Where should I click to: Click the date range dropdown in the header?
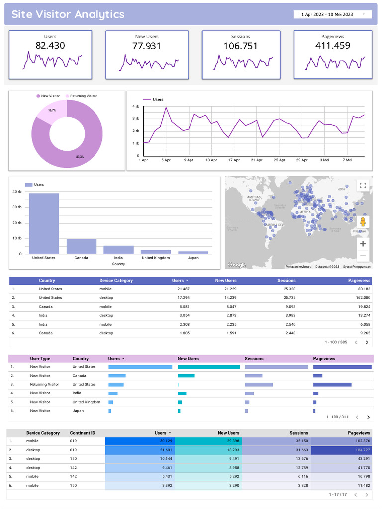(332, 15)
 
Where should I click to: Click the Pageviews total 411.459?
(332, 46)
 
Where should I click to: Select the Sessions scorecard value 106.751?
(240, 46)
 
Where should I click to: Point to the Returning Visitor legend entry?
(81, 96)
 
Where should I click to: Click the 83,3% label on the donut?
(80, 157)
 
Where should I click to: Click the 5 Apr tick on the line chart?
(166, 160)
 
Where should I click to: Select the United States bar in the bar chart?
(44, 223)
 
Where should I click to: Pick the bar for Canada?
(81, 246)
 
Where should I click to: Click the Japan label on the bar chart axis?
(193, 258)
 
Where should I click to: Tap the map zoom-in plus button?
(363, 244)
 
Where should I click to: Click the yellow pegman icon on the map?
(363, 222)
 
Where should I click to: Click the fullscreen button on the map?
(363, 186)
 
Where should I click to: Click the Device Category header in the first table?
(116, 281)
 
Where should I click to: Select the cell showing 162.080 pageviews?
(360, 298)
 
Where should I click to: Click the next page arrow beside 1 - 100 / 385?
(367, 342)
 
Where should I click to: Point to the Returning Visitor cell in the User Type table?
(44, 384)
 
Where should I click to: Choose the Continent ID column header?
(82, 433)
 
